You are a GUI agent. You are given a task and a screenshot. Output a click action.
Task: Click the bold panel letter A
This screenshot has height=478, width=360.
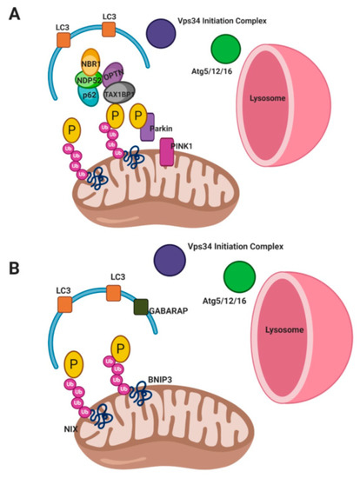(x=15, y=17)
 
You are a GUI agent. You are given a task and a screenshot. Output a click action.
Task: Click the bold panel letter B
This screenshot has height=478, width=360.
(x=15, y=262)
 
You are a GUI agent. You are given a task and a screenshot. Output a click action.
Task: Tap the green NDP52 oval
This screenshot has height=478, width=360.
(x=86, y=80)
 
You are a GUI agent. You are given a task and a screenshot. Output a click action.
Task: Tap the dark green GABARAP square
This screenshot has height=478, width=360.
(x=141, y=307)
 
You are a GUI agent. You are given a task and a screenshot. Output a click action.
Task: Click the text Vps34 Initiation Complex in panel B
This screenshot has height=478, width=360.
(x=237, y=246)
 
